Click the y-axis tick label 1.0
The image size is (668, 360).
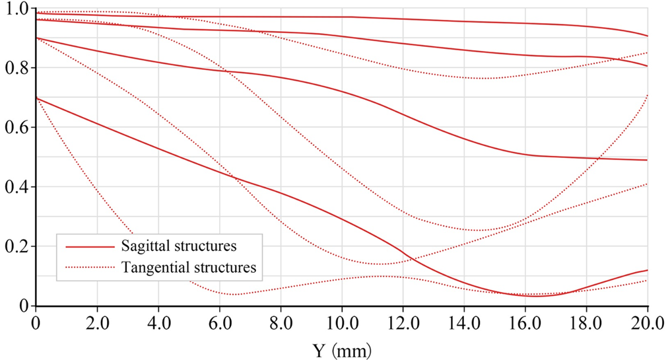coord(16,9)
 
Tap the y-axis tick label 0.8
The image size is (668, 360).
coord(16,68)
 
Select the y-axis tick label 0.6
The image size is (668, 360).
coord(16,127)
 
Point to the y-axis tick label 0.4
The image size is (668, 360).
coord(16,187)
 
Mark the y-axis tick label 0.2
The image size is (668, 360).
coord(16,246)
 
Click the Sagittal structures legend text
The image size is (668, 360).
coord(179,246)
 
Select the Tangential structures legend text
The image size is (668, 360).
coord(189,268)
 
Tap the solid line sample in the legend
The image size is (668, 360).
coord(89,246)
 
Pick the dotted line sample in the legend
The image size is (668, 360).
coord(89,268)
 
